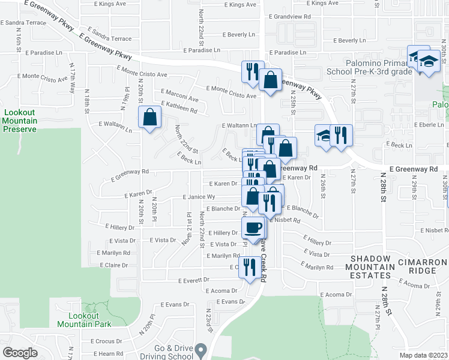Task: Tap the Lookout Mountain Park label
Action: click(84, 320)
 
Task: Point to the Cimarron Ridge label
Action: click(426, 266)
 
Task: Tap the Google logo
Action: click(20, 353)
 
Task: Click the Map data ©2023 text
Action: click(423, 355)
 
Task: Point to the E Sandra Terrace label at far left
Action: click(23, 22)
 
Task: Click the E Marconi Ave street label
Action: click(179, 98)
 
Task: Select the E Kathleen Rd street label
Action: click(178, 109)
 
